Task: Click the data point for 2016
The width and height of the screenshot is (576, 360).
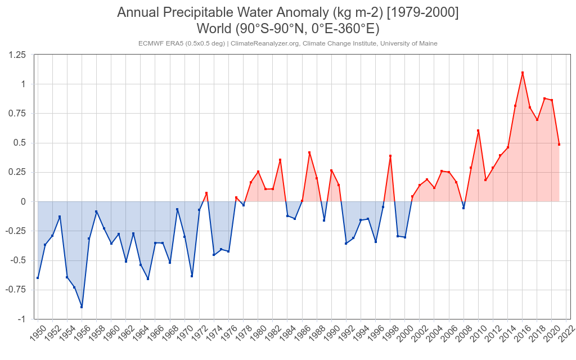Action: pyautogui.click(x=523, y=73)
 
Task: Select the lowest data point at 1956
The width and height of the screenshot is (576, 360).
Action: pyautogui.click(x=82, y=307)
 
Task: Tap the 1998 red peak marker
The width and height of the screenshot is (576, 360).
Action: pyautogui.click(x=390, y=156)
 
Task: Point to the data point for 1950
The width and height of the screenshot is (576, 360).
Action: pyautogui.click(x=38, y=278)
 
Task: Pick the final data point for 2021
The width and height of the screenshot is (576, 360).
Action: pyautogui.click(x=559, y=145)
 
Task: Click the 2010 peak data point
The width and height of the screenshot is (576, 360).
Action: pyautogui.click(x=478, y=130)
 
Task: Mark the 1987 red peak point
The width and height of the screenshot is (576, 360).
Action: pyautogui.click(x=309, y=152)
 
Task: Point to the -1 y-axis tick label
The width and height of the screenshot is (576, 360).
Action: pyautogui.click(x=21, y=319)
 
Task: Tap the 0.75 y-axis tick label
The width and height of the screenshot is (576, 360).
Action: pyautogui.click(x=17, y=114)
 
